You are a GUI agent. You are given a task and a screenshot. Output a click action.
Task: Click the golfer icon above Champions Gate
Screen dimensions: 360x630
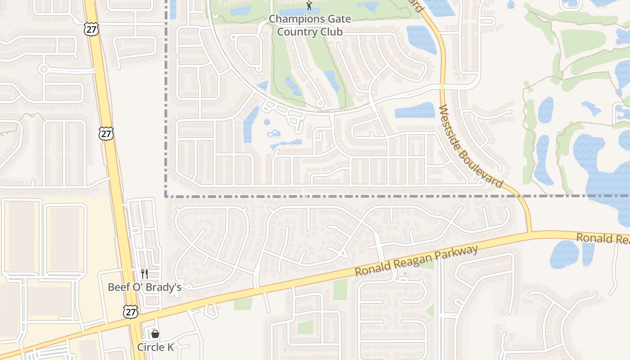(309, 6)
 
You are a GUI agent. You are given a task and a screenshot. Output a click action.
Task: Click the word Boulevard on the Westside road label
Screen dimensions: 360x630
(483, 168)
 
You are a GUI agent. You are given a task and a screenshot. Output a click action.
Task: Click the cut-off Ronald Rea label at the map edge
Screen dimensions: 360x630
(603, 238)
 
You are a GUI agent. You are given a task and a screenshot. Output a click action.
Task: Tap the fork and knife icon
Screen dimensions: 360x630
(144, 274)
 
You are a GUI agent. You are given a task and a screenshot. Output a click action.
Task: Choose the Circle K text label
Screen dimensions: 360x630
(155, 347)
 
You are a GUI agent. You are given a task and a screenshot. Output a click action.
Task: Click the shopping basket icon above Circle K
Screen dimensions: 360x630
(155, 334)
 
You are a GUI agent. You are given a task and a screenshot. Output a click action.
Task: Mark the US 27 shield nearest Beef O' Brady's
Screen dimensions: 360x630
(130, 311)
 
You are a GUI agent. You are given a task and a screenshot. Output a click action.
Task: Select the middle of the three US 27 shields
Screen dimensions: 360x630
(106, 134)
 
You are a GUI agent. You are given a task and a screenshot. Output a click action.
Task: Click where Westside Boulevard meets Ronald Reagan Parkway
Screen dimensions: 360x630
(531, 233)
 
